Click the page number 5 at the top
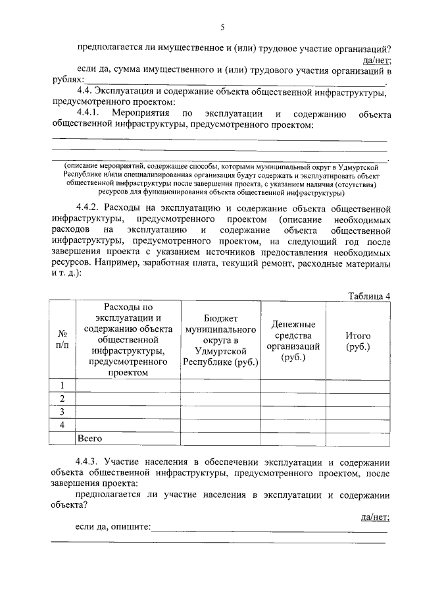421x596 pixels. (222, 27)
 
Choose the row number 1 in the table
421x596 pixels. (63, 385)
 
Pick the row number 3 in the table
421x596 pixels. (63, 412)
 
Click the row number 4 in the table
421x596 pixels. (63, 425)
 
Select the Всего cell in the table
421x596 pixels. (89, 438)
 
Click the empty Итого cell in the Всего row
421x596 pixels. (358, 438)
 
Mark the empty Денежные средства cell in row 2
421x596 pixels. (293, 398)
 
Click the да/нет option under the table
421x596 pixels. (376, 517)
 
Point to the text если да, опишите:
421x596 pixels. (113, 528)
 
